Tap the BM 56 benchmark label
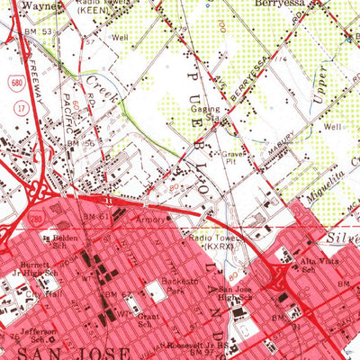84,143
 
